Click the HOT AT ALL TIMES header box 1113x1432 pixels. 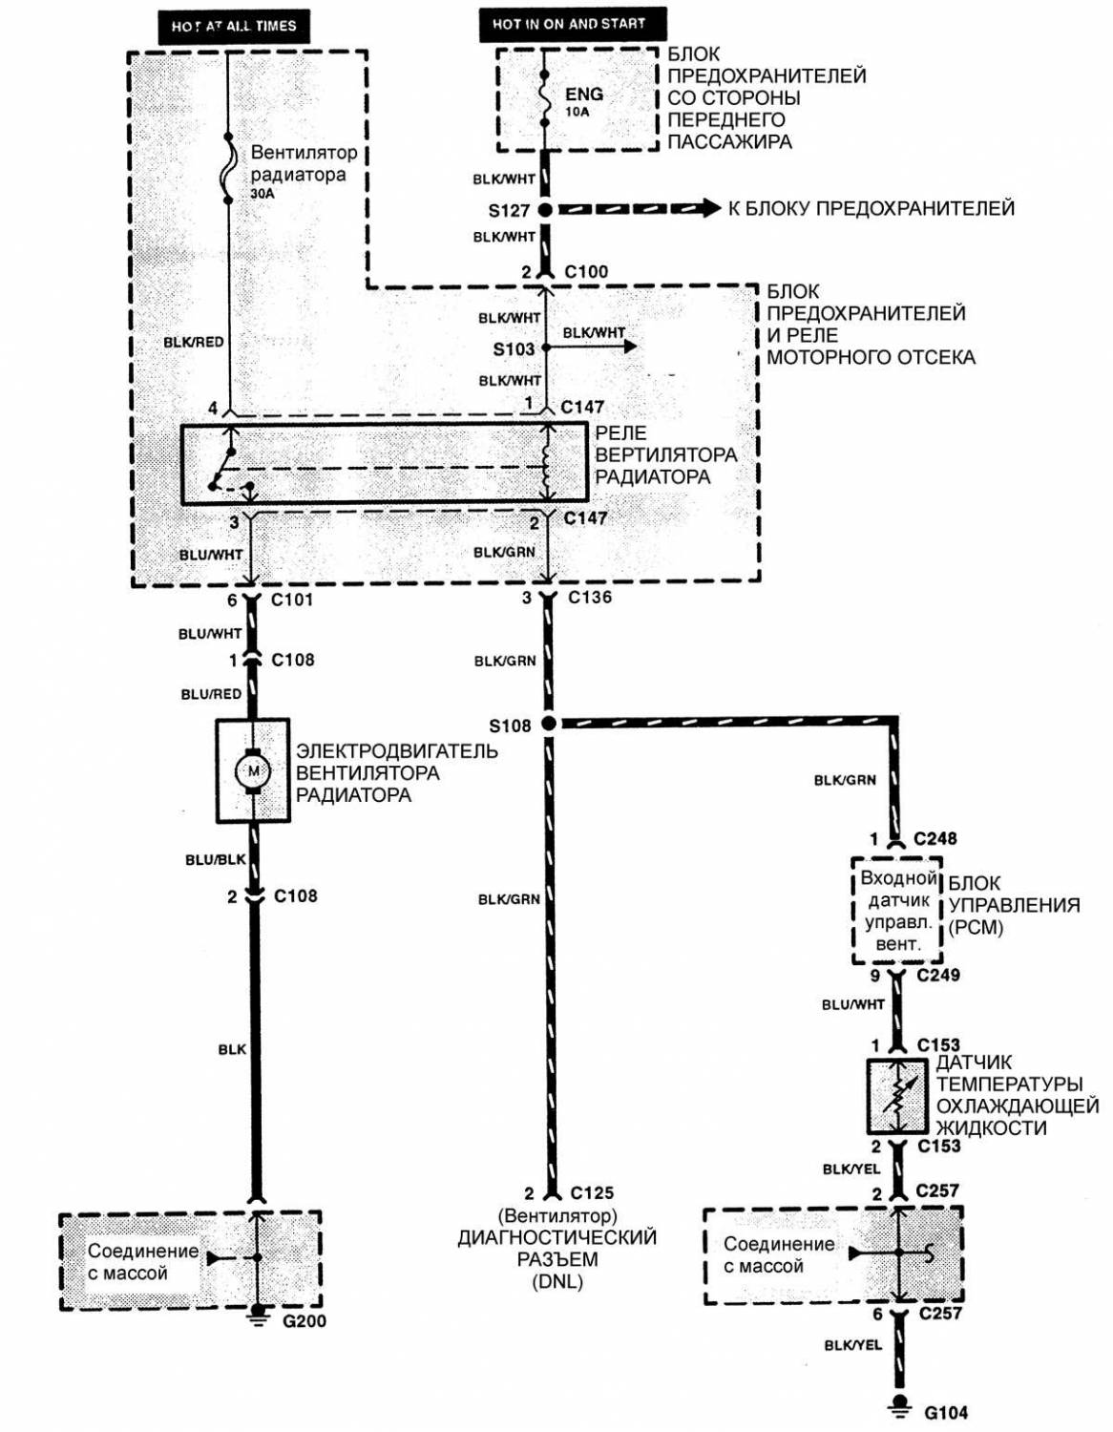point(234,26)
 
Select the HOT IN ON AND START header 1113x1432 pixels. point(570,24)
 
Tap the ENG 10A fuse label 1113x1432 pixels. point(583,99)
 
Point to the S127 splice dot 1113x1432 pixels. point(545,209)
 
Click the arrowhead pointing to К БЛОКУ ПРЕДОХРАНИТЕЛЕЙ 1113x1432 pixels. point(708,208)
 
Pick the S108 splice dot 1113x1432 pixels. point(548,724)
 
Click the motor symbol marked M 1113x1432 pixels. point(252,769)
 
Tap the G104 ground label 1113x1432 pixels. point(946,1412)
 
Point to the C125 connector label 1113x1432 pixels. point(592,1192)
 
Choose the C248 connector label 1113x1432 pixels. point(935,838)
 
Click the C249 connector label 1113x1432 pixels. point(938,975)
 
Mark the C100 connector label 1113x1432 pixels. point(586,271)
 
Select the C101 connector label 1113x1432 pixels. point(292,600)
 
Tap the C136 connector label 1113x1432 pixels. point(590,598)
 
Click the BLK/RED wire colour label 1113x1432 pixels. point(194,342)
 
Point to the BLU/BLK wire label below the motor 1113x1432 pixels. point(216,859)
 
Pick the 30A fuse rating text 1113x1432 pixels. point(262,193)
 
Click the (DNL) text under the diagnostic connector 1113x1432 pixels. point(557,1282)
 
